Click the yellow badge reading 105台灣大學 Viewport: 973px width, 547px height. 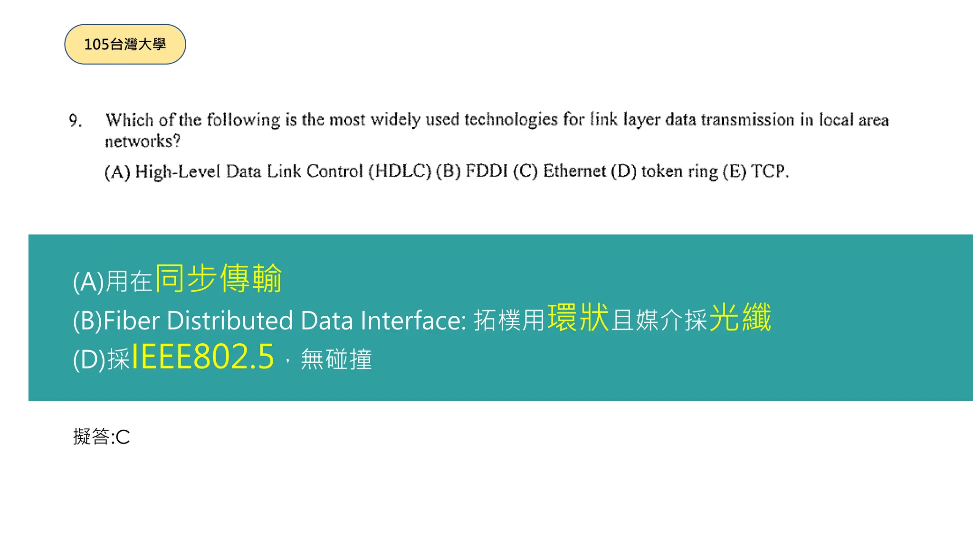pos(125,44)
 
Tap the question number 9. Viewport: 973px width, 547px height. pos(75,121)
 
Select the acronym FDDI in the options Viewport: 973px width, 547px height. pos(486,171)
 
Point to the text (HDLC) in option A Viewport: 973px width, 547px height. pos(400,171)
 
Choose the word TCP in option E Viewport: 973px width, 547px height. pos(768,171)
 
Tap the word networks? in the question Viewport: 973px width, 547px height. pos(143,141)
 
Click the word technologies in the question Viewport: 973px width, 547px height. pos(511,120)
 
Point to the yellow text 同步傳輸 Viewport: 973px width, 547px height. pos(219,278)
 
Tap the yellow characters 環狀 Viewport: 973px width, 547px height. pos(578,318)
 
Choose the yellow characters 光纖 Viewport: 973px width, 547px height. pos(740,318)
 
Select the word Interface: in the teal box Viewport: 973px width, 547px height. pos(413,321)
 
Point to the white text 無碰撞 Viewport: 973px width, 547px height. pos(336,359)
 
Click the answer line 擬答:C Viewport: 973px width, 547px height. pos(101,437)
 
